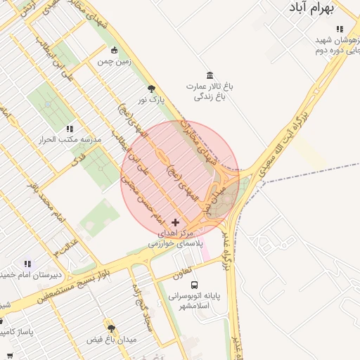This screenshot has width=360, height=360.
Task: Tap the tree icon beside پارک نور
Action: pyautogui.click(x=152, y=89)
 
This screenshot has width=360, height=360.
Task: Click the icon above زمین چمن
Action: pyautogui.click(x=115, y=50)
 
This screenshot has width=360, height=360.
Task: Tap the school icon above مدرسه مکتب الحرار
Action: pyautogui.click(x=70, y=129)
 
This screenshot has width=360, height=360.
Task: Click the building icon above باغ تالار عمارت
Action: pyautogui.click(x=210, y=75)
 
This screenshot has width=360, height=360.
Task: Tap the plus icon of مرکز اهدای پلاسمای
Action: pyautogui.click(x=175, y=222)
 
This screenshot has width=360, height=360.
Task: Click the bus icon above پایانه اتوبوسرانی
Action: pyautogui.click(x=194, y=285)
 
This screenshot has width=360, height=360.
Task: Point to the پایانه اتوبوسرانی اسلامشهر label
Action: pyautogui.click(x=194, y=301)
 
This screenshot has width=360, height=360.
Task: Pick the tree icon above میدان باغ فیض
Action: pyautogui.click(x=111, y=328)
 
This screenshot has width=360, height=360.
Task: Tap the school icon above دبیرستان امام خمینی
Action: pyautogui.click(x=27, y=263)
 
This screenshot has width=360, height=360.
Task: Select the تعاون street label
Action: pyautogui.click(x=182, y=274)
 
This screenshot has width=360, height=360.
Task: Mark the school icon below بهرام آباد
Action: pyautogui.click(x=340, y=30)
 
